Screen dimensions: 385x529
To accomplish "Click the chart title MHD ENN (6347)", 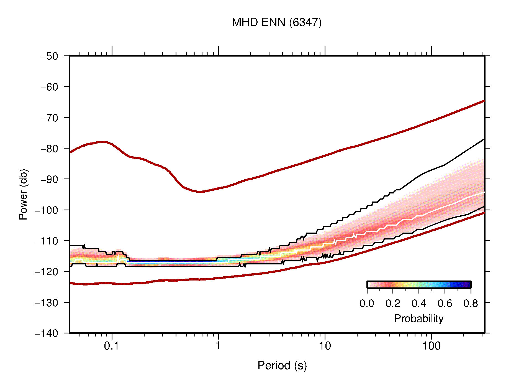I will pyautogui.click(x=276, y=22).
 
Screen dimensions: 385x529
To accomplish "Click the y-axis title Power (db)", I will pyautogui.click(x=23, y=194).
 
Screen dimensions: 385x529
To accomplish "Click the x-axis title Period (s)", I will pyautogui.click(x=282, y=366).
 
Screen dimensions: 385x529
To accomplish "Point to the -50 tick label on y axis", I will pyautogui.click(x=49, y=56).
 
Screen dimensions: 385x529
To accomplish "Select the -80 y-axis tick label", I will pyautogui.click(x=49, y=149).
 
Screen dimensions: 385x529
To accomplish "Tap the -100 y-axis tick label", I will pyautogui.click(x=47, y=210).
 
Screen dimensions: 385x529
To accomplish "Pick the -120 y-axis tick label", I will pyautogui.click(x=47, y=272).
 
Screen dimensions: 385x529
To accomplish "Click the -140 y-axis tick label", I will pyautogui.click(x=47, y=333).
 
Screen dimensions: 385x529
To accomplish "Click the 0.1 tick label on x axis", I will pyautogui.click(x=112, y=346).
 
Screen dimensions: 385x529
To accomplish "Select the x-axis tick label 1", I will pyautogui.click(x=218, y=346).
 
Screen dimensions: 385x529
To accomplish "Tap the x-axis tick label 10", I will pyautogui.click(x=325, y=346).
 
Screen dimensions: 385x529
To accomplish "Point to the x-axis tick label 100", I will pyautogui.click(x=431, y=346).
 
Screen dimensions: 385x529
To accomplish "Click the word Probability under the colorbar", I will pyautogui.click(x=418, y=318).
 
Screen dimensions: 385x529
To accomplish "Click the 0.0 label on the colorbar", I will pyautogui.click(x=367, y=304).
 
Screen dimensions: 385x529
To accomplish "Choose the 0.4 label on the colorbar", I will pyautogui.click(x=419, y=304).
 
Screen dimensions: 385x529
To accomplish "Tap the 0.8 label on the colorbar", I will pyautogui.click(x=471, y=304).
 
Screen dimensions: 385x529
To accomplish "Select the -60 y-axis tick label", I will pyautogui.click(x=49, y=87).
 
